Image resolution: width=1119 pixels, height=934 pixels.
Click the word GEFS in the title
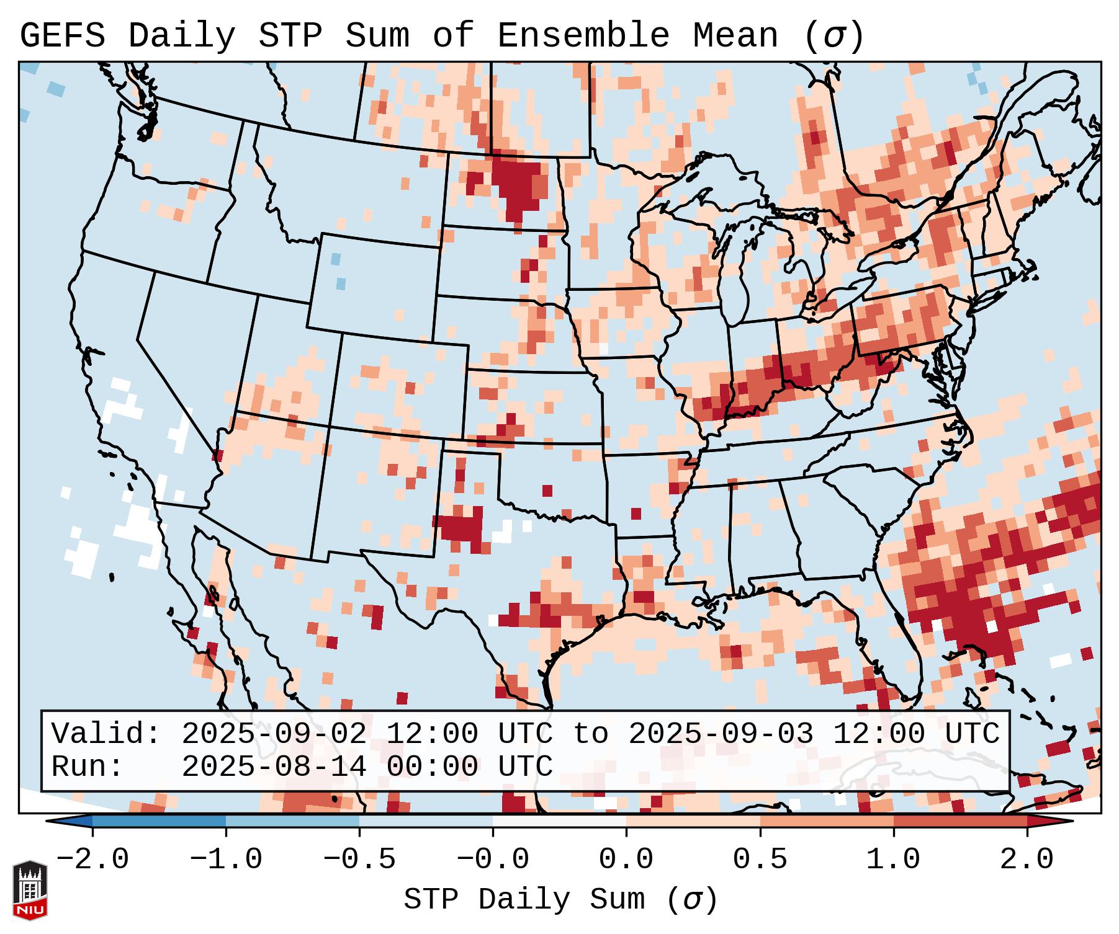pos(62,36)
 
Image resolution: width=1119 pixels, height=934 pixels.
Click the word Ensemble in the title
pos(583,36)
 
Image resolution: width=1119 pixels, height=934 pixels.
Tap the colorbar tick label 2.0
pos(1027,860)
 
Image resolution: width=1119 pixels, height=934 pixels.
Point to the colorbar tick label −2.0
pos(92,860)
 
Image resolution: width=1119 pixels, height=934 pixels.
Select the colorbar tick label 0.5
pos(760,860)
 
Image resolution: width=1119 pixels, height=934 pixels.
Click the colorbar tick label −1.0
pos(226,860)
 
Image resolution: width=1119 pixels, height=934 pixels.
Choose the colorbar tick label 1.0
pos(893,860)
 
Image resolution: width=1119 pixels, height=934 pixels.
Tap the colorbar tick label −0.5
pos(359,860)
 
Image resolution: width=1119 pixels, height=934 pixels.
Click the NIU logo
pos(30,890)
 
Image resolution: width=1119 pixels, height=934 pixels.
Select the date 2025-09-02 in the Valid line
pos(274,734)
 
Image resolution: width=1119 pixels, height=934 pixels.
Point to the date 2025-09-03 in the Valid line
pos(721,734)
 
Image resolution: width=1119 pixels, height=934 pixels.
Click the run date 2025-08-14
pos(274,767)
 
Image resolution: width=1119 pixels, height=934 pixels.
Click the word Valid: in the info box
pos(106,734)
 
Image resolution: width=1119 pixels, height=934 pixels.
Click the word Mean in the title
pos(735,36)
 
